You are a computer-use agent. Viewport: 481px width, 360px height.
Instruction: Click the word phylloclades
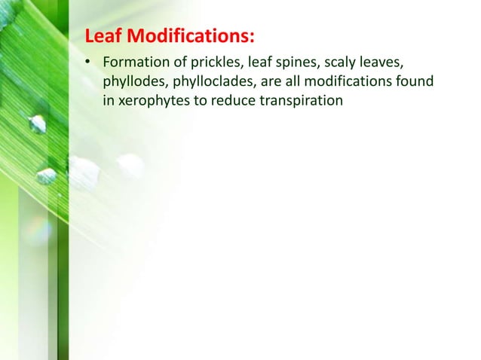click(x=210, y=81)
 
